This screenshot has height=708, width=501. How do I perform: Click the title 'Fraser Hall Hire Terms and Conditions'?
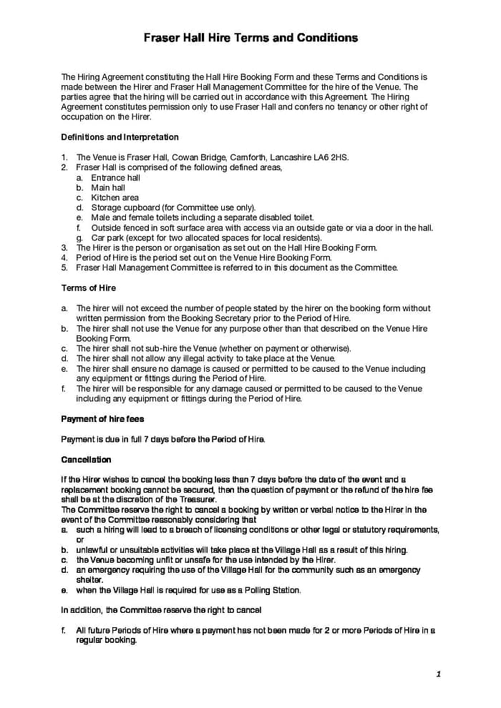point(250,37)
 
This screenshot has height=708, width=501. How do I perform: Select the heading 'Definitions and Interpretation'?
point(120,137)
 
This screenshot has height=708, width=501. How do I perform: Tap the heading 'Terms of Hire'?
point(88,288)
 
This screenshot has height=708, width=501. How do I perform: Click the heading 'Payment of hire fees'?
point(102,419)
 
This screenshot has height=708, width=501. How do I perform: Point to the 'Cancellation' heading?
point(86,460)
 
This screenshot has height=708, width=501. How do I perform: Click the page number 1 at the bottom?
point(438,674)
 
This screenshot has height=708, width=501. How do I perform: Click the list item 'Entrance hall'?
point(115,177)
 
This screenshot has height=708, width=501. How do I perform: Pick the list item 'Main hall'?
point(108,187)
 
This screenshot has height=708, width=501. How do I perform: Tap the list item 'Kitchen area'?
point(115,197)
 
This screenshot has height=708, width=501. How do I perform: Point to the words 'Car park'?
point(107,237)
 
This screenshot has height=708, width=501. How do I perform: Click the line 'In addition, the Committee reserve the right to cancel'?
point(161,610)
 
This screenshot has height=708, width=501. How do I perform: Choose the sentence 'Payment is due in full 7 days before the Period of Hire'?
point(163,439)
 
